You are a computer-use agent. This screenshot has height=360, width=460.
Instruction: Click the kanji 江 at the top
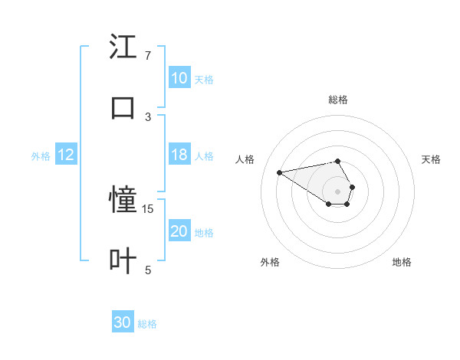(123, 47)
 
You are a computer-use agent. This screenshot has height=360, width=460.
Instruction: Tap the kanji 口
(123, 108)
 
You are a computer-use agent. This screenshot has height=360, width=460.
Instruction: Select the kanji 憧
(123, 200)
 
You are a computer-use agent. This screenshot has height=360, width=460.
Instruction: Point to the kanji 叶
(123, 261)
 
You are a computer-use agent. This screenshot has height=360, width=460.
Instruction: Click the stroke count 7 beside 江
(148, 56)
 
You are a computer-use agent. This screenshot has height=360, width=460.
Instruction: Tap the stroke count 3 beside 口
(148, 116)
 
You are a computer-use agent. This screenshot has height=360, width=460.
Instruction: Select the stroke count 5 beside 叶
(148, 270)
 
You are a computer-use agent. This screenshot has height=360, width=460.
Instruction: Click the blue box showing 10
(179, 78)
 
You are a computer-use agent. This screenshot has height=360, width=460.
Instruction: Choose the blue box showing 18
(179, 155)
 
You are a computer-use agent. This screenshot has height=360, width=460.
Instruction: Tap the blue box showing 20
(179, 231)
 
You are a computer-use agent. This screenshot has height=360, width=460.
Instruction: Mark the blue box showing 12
(66, 155)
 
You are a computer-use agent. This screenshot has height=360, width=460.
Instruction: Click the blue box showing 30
(123, 322)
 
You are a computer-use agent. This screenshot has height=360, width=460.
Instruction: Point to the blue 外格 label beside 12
(41, 156)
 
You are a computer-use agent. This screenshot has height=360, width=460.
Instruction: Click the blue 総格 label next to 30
(147, 324)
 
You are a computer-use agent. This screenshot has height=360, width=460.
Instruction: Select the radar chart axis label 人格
(245, 159)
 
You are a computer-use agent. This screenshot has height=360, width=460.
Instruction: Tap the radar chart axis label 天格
(431, 159)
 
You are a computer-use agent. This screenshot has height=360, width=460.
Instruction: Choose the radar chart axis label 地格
(402, 262)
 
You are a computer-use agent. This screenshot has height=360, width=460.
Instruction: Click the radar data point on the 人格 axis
(280, 172)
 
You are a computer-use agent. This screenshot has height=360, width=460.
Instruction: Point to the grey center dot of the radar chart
(337, 191)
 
